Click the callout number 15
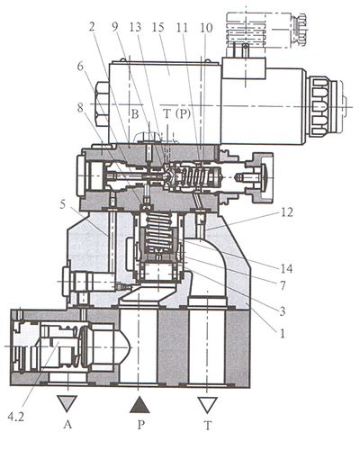(158, 27)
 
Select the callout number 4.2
(15, 417)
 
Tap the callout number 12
(286, 212)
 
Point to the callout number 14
(286, 268)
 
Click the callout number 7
(283, 285)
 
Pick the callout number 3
(283, 311)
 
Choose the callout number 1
(282, 333)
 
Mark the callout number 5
(62, 205)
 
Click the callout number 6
(80, 67)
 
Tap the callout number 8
(80, 107)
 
